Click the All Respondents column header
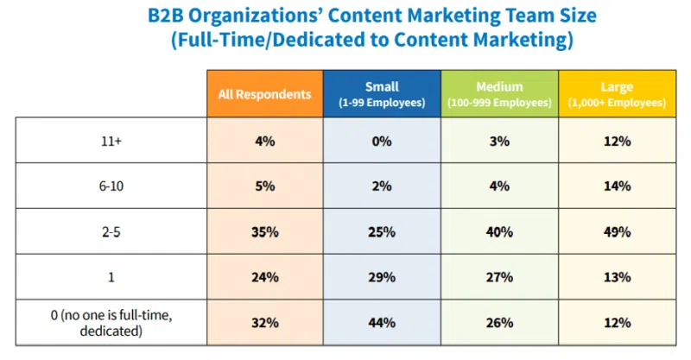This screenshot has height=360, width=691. click(264, 94)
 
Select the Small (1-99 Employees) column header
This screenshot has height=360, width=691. click(382, 94)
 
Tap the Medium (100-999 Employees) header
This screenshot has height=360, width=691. click(499, 94)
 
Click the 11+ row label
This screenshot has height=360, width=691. click(111, 141)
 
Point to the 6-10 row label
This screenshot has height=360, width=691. click(111, 186)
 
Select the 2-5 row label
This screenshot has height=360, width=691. click(111, 232)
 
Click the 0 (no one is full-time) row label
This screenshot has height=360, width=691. click(111, 322)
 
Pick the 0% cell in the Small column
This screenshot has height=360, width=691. click(382, 141)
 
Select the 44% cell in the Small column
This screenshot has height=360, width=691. click(382, 323)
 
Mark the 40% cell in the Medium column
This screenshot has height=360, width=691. click(499, 232)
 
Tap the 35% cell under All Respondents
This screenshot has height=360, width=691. click(264, 232)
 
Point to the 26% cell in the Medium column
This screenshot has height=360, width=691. click(499, 323)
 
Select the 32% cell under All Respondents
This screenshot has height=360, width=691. click(264, 323)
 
